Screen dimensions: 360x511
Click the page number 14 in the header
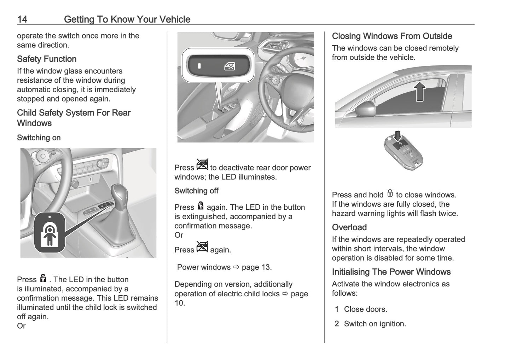tap(22, 19)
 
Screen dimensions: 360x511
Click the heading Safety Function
tap(47, 59)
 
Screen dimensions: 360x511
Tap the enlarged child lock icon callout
tap(50, 233)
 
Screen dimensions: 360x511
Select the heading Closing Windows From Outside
tap(392, 36)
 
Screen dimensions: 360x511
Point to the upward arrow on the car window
tap(419, 91)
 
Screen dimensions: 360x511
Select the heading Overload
tap(349, 227)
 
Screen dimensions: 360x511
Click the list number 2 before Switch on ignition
tap(337, 324)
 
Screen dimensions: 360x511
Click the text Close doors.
tap(365, 309)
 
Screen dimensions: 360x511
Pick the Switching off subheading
tap(196, 191)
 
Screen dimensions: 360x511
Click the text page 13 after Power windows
tap(257, 267)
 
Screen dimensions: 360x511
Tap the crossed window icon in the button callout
tap(230, 66)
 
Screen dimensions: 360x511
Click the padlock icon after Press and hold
tap(390, 193)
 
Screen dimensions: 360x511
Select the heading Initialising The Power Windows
tap(391, 272)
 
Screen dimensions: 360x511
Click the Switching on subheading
tap(39, 138)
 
